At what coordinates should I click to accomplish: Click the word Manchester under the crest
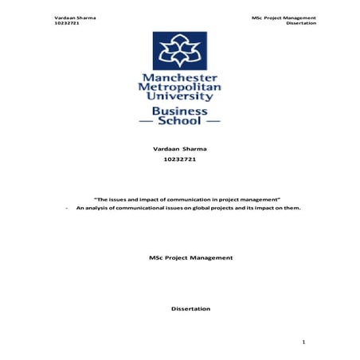pyautogui.click(x=180, y=78)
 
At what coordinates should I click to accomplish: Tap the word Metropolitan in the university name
pyautogui.click(x=180, y=88)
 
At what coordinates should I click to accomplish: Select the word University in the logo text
pyautogui.click(x=180, y=99)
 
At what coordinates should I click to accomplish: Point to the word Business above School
pyautogui.click(x=180, y=112)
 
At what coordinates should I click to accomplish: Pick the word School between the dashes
pyautogui.click(x=180, y=123)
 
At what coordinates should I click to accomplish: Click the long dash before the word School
pyautogui.click(x=148, y=124)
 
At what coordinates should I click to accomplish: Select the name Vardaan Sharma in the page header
pyautogui.click(x=70, y=17)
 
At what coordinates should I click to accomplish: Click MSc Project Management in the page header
pyautogui.click(x=283, y=17)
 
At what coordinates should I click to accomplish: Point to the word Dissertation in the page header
pyautogui.click(x=301, y=23)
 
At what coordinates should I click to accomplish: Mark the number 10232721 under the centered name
pyautogui.click(x=179, y=160)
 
